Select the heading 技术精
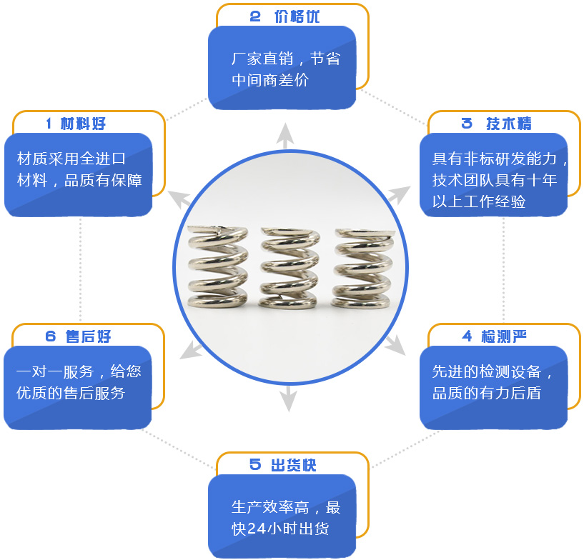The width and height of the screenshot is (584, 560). [x=508, y=124]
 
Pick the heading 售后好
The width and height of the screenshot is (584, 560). [x=88, y=336]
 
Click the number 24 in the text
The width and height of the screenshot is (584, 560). [x=257, y=529]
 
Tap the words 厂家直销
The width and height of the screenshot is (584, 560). [x=260, y=59]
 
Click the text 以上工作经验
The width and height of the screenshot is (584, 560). [x=479, y=201]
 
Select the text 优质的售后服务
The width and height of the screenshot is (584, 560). [x=71, y=393]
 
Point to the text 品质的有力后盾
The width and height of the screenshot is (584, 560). [x=486, y=393]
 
